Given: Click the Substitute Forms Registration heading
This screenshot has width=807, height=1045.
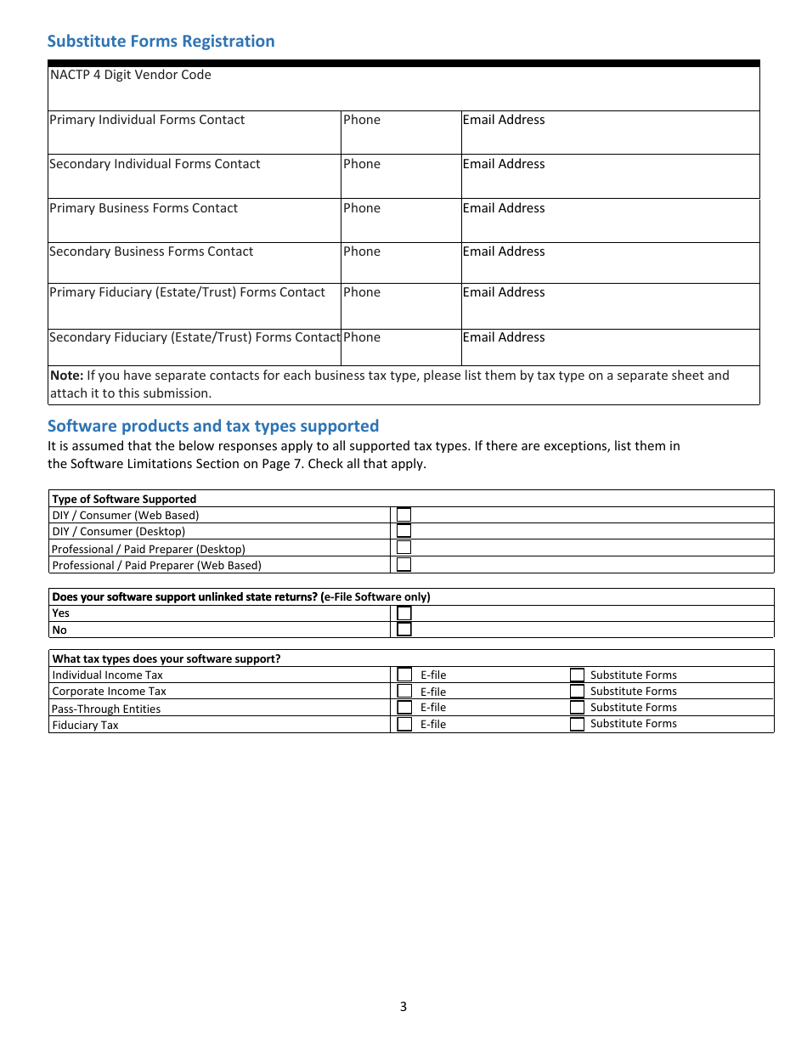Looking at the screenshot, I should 161,41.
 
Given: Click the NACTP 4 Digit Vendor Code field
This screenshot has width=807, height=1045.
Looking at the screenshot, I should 403,88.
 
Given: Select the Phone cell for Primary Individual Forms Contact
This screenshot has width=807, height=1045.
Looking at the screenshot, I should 400,133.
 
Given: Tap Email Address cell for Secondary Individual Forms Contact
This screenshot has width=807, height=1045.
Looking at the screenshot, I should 609,176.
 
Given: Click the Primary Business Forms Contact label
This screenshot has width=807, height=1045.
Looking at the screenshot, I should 144,208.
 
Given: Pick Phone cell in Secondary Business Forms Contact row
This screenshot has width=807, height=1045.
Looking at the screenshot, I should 400,263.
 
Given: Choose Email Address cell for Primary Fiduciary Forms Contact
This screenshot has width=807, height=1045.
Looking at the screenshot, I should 609,306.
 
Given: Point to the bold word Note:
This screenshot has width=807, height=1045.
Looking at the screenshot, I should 66,376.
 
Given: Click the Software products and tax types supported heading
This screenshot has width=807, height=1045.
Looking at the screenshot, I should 213,426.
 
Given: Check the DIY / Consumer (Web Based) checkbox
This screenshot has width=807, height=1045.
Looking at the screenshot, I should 404,515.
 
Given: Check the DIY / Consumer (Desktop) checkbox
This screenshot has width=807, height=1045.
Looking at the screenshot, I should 404,531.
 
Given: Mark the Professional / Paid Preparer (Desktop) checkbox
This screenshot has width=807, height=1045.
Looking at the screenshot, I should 404,548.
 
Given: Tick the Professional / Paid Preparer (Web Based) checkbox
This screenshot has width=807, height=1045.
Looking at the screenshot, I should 404,564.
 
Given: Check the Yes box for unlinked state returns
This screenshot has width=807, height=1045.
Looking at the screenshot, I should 404,613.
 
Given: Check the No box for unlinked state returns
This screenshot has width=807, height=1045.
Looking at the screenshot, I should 404,630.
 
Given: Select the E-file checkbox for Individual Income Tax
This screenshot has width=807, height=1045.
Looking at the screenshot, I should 405,675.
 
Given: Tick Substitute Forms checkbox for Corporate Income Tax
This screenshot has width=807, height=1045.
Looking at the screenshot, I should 577,691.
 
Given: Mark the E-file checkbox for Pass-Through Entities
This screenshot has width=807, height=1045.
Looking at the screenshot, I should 405,707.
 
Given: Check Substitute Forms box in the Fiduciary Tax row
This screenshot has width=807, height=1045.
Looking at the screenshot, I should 577,724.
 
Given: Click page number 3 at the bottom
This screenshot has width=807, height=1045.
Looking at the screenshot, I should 403,1007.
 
